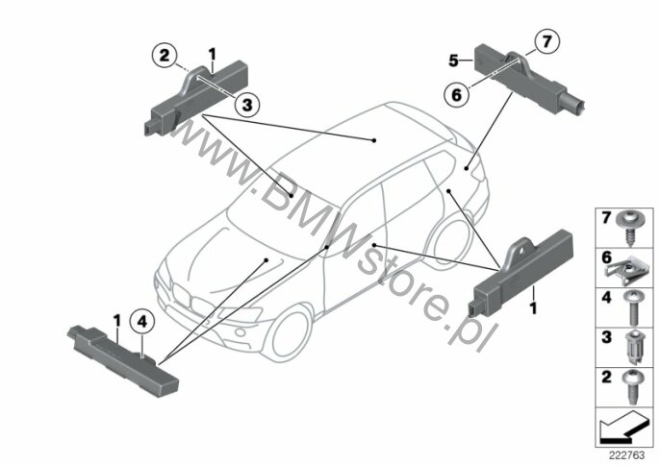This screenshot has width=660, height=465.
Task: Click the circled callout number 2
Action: [x=165, y=55]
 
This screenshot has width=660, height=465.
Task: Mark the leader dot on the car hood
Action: [x=263, y=259]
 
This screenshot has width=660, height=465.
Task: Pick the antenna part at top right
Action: [x=539, y=77]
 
